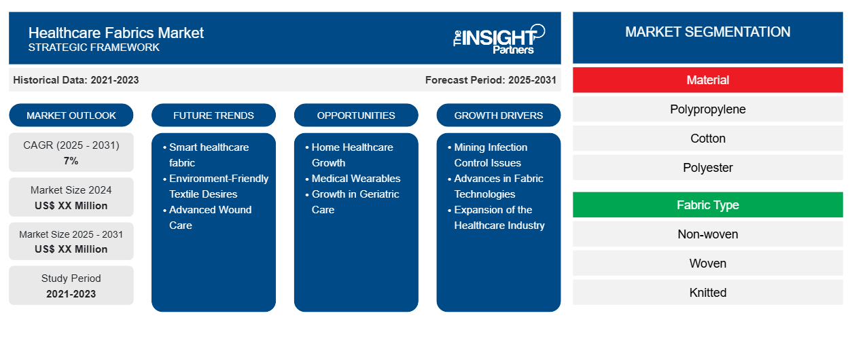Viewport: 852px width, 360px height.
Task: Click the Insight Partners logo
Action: point(499,38)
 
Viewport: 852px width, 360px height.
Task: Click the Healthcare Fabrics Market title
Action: point(116,32)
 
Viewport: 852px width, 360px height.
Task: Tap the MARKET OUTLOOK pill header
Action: point(71,115)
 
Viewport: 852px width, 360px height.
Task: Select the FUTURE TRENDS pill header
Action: point(213,115)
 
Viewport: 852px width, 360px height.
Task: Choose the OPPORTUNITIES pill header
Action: point(356,115)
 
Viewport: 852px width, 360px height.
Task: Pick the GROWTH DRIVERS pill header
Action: point(499,115)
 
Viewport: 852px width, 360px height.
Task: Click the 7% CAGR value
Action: point(71,161)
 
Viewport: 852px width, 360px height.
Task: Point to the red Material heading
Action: point(707,80)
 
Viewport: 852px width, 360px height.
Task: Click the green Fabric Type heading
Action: point(707,205)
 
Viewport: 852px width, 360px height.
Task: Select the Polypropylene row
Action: point(707,109)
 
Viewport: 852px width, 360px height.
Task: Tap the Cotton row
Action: point(707,139)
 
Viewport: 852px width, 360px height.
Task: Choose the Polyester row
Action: point(707,168)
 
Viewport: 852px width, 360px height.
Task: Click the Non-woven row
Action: point(707,234)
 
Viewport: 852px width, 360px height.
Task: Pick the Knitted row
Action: point(707,293)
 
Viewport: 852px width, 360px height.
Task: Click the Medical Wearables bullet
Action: point(355,179)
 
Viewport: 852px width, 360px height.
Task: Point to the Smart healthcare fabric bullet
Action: point(209,155)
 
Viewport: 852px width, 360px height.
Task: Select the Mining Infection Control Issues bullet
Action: point(490,155)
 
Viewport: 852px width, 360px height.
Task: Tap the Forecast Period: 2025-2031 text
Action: point(491,80)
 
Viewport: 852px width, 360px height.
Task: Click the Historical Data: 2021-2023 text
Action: point(76,80)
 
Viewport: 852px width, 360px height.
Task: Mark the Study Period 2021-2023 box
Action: point(71,286)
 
